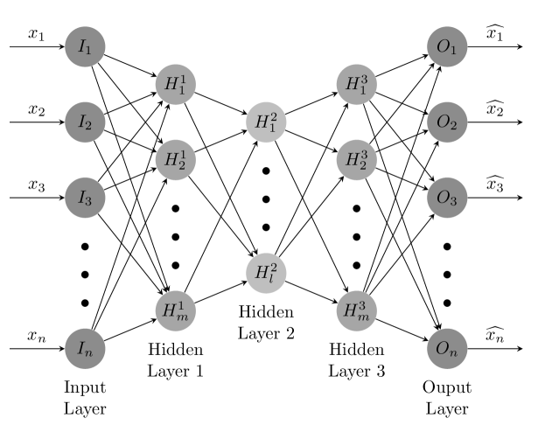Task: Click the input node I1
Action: coord(85,47)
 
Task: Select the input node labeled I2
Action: coord(85,122)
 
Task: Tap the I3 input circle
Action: coord(85,199)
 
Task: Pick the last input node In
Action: coord(85,349)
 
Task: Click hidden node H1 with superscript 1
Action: coord(175,85)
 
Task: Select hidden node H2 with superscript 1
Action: coord(175,160)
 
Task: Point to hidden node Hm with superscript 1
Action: coord(175,310)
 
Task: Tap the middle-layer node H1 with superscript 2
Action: coord(266,122)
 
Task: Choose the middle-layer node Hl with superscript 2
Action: coord(266,273)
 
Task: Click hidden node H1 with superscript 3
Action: coord(356,85)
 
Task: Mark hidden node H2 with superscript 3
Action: coord(356,160)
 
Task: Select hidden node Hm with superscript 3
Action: coord(356,310)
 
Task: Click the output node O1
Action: coord(447,47)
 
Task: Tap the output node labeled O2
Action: coord(447,122)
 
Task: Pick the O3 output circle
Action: coord(447,199)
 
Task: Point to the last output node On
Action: coord(447,349)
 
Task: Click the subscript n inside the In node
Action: coord(89,352)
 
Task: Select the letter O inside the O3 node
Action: coord(444,198)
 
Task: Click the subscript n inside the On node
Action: coord(453,352)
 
